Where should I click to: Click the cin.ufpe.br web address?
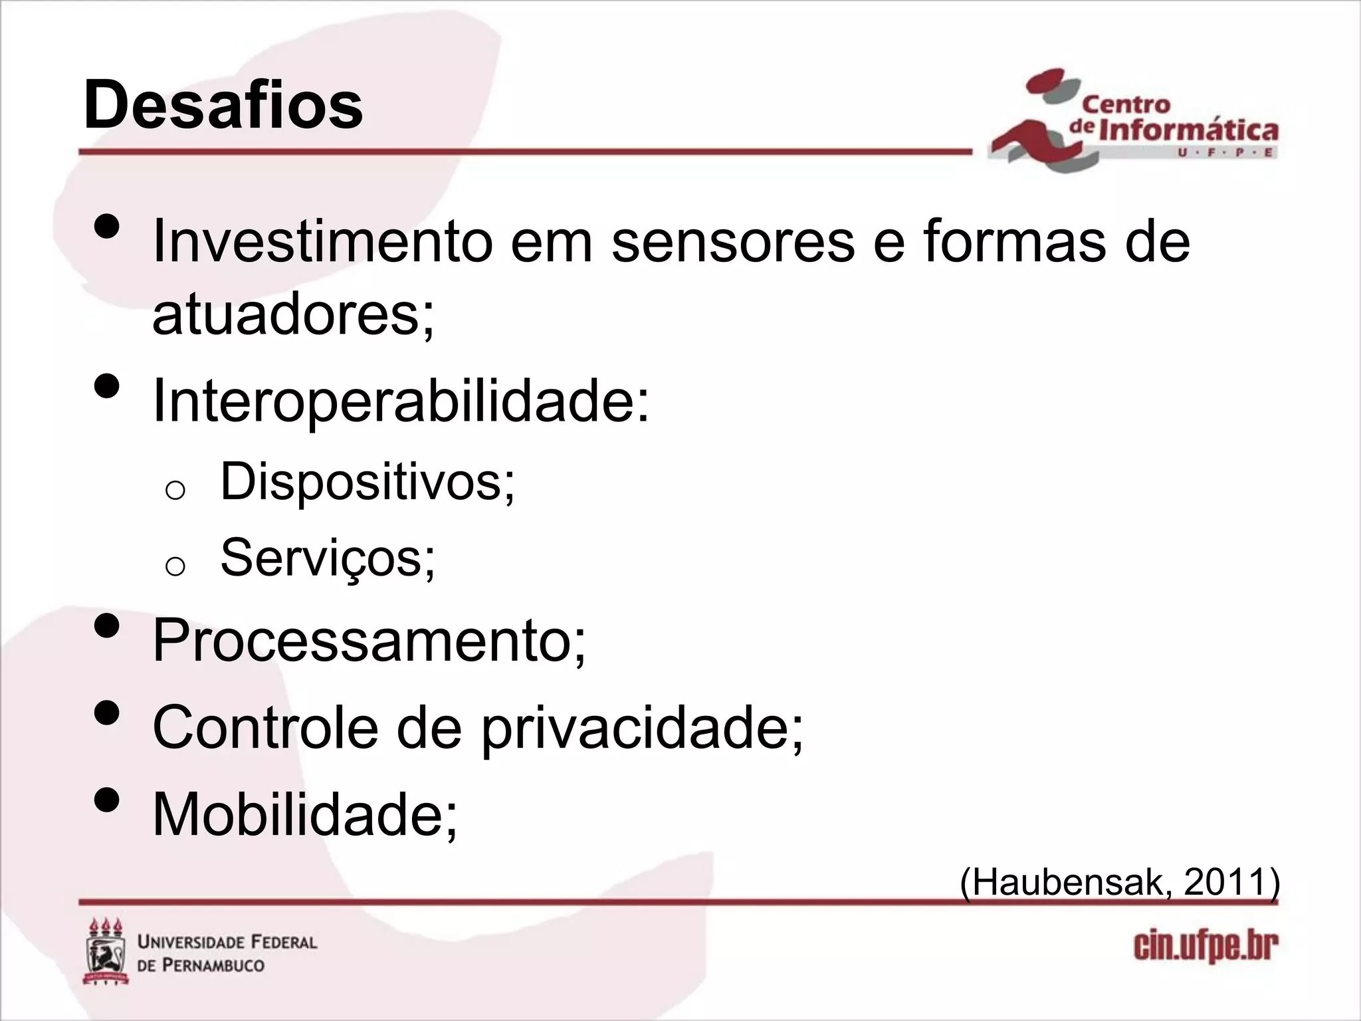coord(1205,948)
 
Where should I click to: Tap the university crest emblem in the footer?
coord(106,952)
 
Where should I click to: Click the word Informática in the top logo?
coord(1188,130)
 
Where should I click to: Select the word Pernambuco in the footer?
coord(214,965)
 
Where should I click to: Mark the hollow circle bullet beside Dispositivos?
coord(174,491)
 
